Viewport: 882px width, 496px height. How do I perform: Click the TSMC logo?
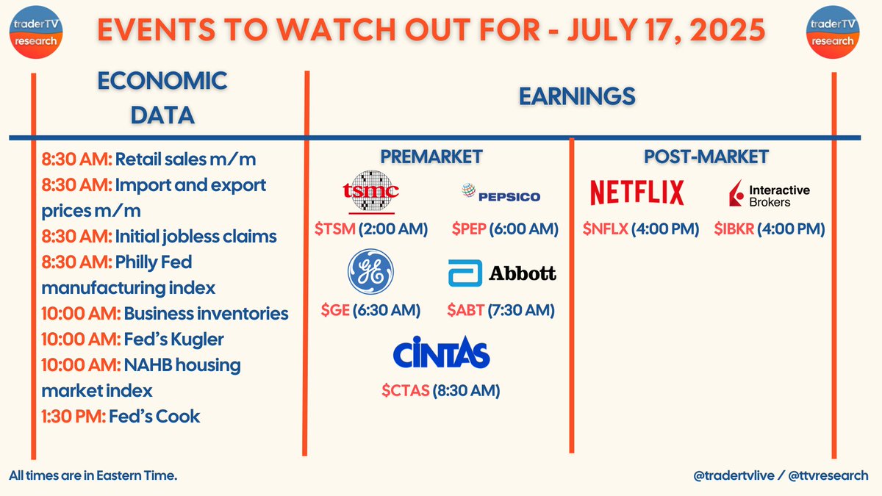pyautogui.click(x=371, y=192)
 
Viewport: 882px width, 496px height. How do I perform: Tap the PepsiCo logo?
pyautogui.click(x=501, y=193)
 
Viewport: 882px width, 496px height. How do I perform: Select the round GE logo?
pyautogui.click(x=370, y=272)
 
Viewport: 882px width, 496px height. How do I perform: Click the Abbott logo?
pyautogui.click(x=502, y=273)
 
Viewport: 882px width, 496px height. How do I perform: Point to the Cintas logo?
pyautogui.click(x=442, y=352)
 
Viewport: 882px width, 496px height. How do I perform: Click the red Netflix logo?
pyautogui.click(x=637, y=193)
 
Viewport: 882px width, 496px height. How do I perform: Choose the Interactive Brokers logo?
pyautogui.click(x=770, y=193)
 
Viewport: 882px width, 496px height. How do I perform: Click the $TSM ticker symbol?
pyautogui.click(x=335, y=229)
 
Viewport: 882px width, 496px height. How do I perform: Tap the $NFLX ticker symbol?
pyautogui.click(x=605, y=229)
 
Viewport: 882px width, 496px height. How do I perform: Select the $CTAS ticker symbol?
pyautogui.click(x=406, y=390)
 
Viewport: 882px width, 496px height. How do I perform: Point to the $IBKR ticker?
pyautogui.click(x=734, y=229)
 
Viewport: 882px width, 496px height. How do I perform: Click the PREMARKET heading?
pyautogui.click(x=431, y=157)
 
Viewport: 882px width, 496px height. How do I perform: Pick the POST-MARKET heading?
pyautogui.click(x=706, y=157)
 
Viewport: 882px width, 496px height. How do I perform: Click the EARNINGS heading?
pyautogui.click(x=577, y=96)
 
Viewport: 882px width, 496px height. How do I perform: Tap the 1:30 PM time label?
pyautogui.click(x=73, y=417)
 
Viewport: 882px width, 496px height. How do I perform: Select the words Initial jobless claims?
pyautogui.click(x=196, y=237)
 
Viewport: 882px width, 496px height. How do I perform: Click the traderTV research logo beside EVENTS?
pyautogui.click(x=36, y=32)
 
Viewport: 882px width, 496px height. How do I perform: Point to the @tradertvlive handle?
pyautogui.click(x=734, y=475)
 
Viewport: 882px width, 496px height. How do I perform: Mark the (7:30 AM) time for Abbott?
pyautogui.click(x=521, y=310)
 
